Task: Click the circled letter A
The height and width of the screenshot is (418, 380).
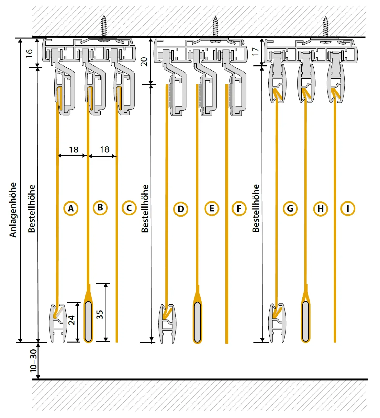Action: (71, 208)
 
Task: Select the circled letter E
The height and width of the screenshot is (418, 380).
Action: (212, 208)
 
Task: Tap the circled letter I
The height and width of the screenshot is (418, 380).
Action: (348, 208)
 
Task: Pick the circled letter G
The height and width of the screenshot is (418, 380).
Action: (290, 209)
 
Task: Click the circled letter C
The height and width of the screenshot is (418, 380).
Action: (129, 208)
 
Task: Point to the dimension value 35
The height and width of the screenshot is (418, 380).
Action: (99, 314)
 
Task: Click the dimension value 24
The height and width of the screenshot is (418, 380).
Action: (72, 320)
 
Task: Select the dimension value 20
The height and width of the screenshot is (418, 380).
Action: (144, 62)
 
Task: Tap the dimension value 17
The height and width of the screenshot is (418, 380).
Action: (255, 51)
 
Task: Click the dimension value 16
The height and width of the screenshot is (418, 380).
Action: (29, 53)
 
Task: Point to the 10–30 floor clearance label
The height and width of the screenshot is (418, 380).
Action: (34, 361)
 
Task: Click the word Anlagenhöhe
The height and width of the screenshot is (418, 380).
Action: (13, 210)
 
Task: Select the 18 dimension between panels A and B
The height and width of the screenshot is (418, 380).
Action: (74, 149)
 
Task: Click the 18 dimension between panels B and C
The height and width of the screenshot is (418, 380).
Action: (104, 149)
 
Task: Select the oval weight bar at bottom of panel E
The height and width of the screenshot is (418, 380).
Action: (197, 322)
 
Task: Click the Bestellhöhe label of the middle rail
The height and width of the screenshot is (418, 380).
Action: (145, 209)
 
